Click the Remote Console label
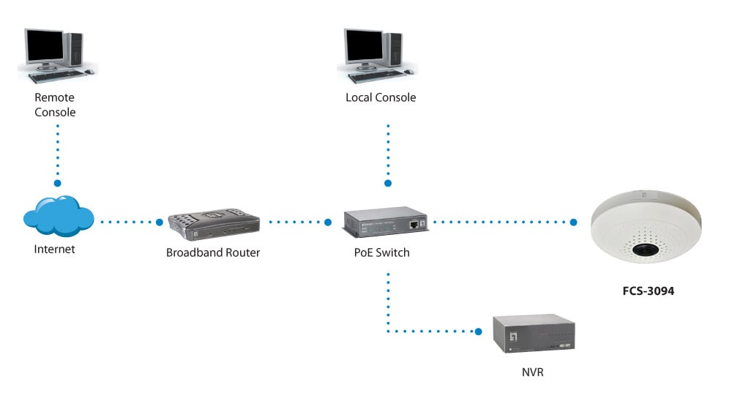click(x=55, y=105)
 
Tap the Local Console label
click(x=380, y=97)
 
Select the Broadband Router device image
click(x=214, y=225)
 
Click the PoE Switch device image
click(x=386, y=222)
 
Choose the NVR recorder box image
click(x=533, y=335)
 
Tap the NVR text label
click(x=534, y=373)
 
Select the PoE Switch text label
click(x=381, y=253)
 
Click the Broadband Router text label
click(x=213, y=253)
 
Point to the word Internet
click(x=55, y=250)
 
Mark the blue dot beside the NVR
click(x=479, y=332)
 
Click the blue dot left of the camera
click(x=574, y=221)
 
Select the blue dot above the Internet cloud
click(x=57, y=182)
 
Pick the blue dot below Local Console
click(x=388, y=182)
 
